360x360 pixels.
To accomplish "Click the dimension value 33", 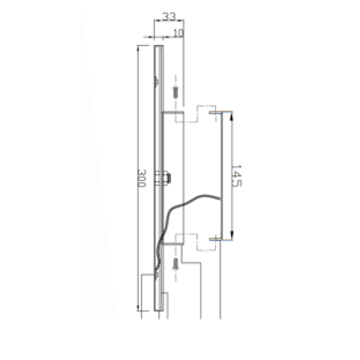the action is pos(169,16).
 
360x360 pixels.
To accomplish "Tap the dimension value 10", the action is pos(178,33).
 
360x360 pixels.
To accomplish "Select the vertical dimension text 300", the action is pos(142,178).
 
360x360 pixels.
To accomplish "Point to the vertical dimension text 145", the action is pos(237,176).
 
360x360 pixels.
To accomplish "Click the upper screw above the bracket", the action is pos(176,92).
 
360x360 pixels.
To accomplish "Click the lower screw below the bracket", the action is pos(176,264).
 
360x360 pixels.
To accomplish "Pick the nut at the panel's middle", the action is pos(167,178).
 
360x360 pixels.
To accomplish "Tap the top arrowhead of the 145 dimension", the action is pos(232,117).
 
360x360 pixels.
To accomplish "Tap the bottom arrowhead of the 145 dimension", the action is pos(232,235).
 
